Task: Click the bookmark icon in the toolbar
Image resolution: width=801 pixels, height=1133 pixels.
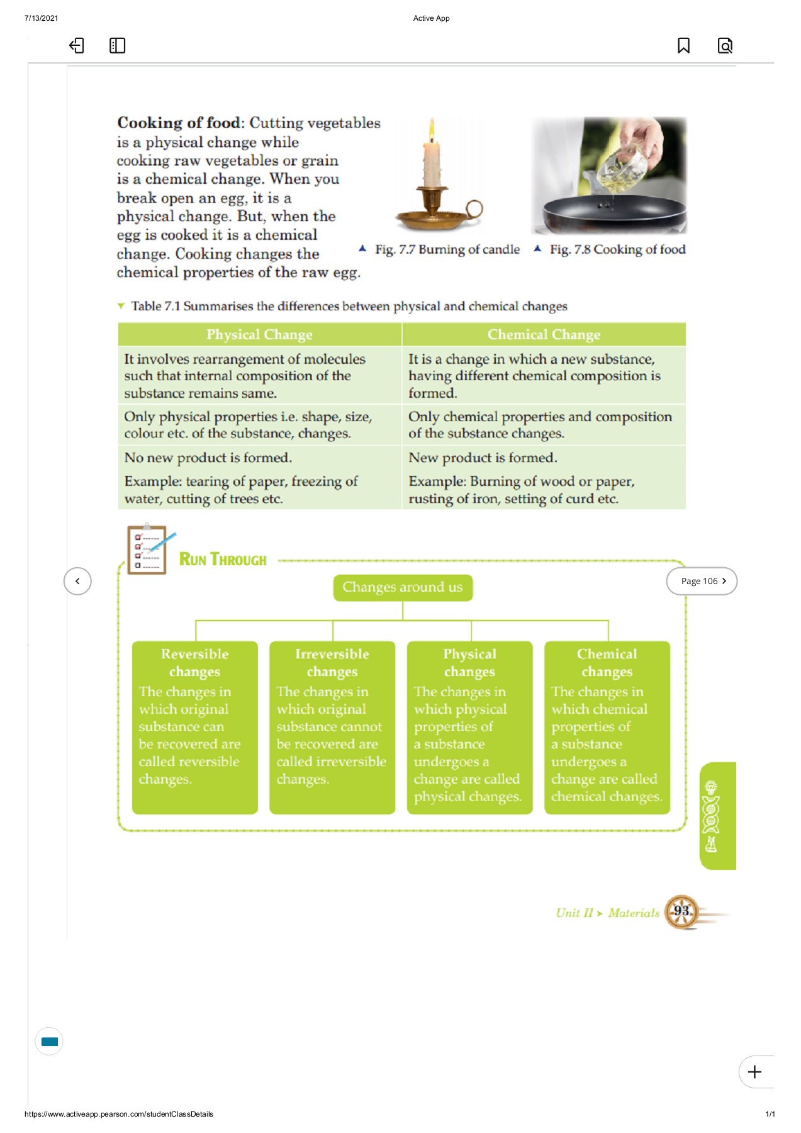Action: tap(683, 45)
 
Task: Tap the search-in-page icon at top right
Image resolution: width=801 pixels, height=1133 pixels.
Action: tap(725, 45)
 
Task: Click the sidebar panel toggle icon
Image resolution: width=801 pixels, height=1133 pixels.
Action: tap(117, 45)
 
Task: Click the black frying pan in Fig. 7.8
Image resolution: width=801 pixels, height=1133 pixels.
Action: tap(607, 214)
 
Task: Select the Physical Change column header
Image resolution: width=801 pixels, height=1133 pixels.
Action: tap(259, 334)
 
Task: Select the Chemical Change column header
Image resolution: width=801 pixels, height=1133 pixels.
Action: tap(544, 334)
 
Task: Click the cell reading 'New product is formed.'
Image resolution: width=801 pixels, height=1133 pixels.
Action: tap(483, 458)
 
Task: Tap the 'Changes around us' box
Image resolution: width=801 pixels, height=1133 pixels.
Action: tap(403, 587)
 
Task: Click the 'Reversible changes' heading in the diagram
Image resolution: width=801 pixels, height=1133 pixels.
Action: tap(194, 663)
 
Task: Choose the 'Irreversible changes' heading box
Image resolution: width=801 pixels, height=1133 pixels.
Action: tap(332, 663)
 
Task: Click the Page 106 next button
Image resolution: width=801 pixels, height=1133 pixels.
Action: tap(702, 581)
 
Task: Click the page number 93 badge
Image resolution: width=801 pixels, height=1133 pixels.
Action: tap(681, 911)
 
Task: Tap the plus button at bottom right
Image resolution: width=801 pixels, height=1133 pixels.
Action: tap(754, 1071)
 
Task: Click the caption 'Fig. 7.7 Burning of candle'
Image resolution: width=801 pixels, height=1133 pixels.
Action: tap(447, 249)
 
